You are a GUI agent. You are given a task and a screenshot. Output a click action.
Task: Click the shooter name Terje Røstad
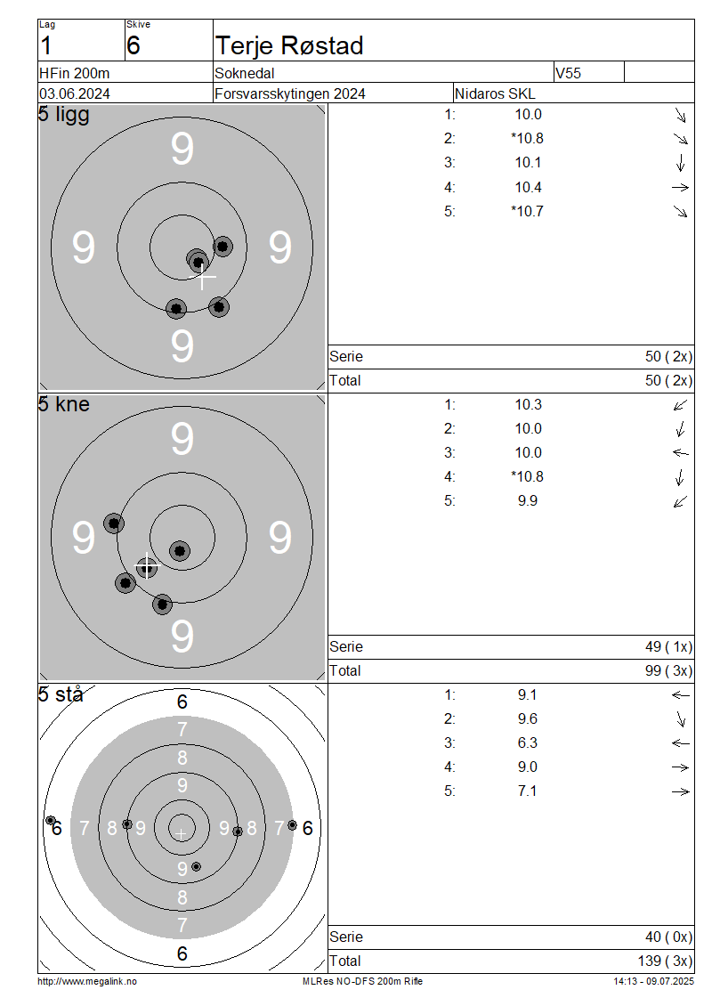289,46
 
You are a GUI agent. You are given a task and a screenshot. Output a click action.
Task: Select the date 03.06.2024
75,93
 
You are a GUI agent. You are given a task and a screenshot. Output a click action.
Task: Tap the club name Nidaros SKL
495,93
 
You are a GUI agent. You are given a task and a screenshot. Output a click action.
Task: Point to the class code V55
568,73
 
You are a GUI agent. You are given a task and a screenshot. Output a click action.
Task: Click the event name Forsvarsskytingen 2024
290,93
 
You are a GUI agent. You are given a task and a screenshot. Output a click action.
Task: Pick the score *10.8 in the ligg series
527,139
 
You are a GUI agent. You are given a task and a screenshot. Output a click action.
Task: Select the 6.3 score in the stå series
527,743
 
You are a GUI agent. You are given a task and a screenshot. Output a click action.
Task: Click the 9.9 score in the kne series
527,501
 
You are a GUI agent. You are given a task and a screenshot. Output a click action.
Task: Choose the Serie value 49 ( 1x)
669,646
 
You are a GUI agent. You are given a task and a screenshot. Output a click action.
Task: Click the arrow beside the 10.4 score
680,187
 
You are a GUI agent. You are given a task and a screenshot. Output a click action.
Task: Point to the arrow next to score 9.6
681,719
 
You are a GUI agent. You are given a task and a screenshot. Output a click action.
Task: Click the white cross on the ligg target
203,277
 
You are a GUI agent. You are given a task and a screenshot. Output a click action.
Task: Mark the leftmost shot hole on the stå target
50,820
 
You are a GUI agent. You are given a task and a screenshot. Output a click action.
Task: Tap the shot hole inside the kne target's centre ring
180,550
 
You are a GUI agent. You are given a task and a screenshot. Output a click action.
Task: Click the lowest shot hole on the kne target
162,604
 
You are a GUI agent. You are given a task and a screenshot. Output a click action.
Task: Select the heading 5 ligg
63,115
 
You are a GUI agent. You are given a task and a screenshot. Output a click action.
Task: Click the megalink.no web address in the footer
87,981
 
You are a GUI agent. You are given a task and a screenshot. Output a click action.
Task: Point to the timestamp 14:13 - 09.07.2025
653,981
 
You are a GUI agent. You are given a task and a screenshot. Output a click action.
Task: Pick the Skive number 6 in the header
133,45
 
